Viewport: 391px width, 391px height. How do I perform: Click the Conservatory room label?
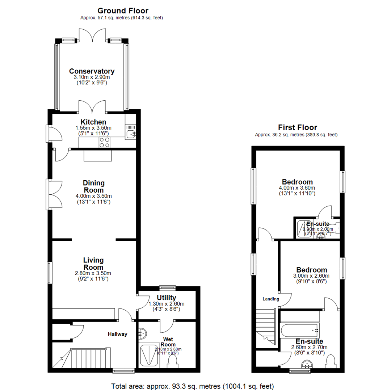pos(92,71)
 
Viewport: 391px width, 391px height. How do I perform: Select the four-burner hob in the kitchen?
pos(105,142)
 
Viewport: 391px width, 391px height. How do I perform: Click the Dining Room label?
pos(93,186)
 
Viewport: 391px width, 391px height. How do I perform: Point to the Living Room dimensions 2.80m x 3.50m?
pos(93,273)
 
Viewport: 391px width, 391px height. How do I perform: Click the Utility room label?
pos(167,298)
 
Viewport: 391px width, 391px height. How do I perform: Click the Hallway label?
pos(117,334)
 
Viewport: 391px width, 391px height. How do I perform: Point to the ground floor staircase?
pos(89,358)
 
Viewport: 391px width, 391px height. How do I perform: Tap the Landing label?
pos(271,299)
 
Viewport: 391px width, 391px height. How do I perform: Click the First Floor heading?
pos(297,127)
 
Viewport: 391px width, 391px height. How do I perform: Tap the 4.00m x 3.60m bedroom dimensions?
pos(297,188)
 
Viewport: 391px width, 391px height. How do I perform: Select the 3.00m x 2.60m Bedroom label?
pos(311,270)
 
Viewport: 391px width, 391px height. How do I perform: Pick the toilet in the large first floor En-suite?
pos(331,361)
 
